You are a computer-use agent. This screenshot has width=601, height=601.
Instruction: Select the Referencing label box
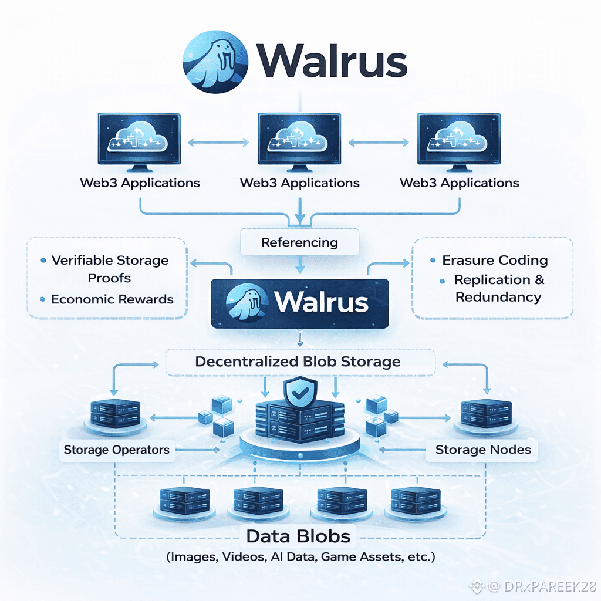point(299,242)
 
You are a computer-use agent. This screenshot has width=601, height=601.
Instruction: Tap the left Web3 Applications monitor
point(139,140)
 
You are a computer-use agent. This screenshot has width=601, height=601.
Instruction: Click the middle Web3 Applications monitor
point(300,140)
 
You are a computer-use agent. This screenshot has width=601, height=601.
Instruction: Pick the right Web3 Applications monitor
point(459,140)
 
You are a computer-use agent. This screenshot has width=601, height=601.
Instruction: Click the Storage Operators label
point(116,450)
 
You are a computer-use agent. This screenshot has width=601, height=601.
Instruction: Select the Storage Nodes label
point(482,450)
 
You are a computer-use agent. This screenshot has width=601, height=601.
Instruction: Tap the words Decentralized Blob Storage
point(298,362)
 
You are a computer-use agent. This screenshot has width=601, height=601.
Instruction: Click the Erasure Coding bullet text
point(495,260)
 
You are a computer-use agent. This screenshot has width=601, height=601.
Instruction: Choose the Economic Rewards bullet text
point(112,299)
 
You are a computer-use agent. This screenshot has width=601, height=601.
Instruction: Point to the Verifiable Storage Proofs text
point(109,268)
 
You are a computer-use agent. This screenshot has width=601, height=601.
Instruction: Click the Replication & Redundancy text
point(499,288)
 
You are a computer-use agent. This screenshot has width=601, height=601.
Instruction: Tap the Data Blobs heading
point(298,536)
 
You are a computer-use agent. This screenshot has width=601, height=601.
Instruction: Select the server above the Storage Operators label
point(115,413)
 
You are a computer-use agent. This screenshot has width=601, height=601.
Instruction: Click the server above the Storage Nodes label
point(485,413)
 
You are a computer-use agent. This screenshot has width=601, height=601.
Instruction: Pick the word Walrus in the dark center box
point(321,302)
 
